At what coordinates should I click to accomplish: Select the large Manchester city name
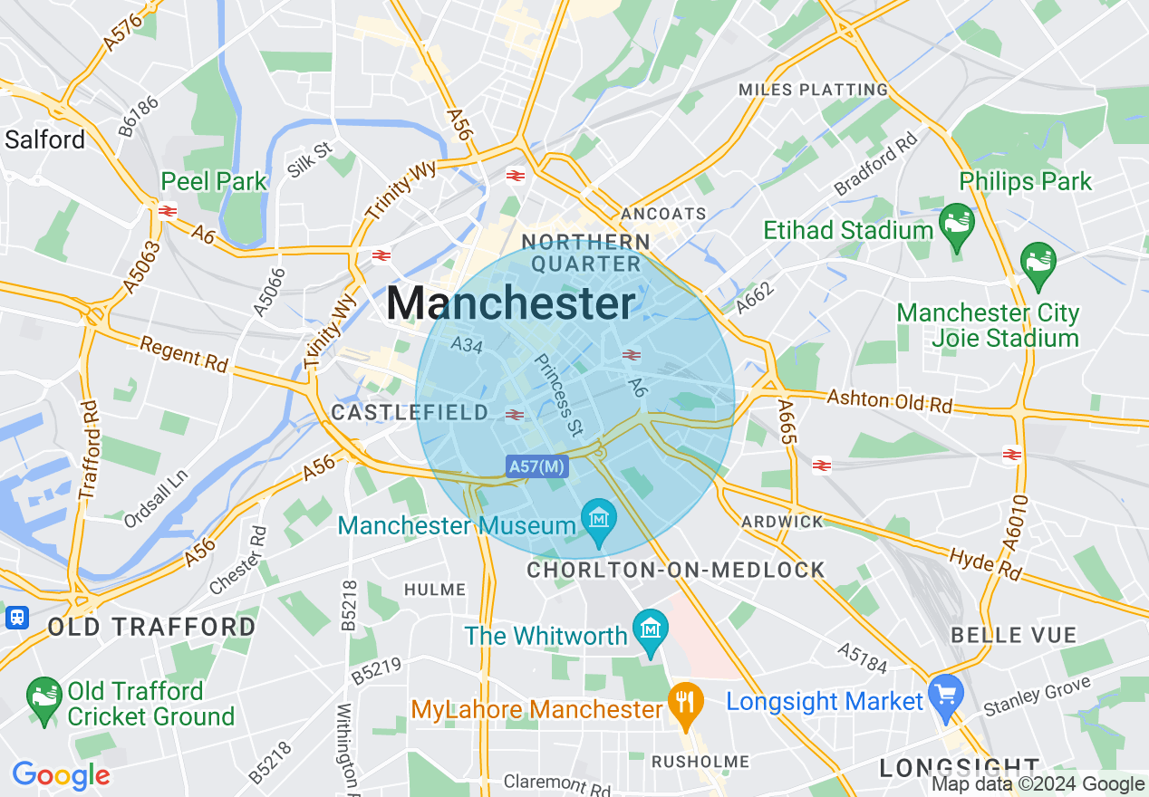point(511,303)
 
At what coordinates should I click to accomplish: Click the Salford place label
point(44,139)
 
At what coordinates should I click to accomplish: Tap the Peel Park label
point(214,181)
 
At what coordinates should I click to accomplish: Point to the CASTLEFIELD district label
point(410,413)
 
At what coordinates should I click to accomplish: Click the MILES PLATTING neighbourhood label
point(813,90)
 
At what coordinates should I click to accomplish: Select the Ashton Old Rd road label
point(889,401)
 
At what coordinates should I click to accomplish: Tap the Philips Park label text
point(1026,181)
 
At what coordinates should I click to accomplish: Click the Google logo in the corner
point(61,775)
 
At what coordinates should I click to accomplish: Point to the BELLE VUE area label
point(1013,635)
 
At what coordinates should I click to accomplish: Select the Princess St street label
point(558,392)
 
